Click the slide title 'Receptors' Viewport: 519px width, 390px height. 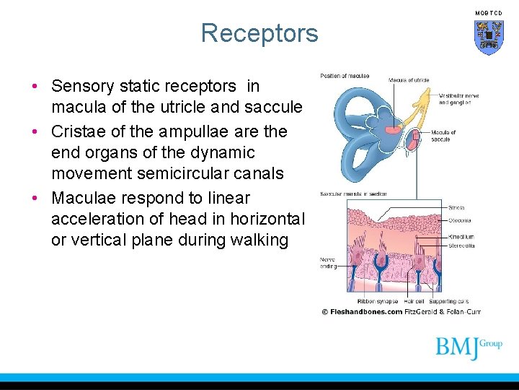tap(259, 33)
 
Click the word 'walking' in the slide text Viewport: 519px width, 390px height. tap(257, 240)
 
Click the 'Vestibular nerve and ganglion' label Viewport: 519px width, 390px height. tap(459, 99)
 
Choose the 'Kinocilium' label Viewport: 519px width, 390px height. tap(462, 236)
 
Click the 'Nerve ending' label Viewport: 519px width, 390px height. tap(329, 263)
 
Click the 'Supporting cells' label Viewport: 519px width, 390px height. tap(449, 300)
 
